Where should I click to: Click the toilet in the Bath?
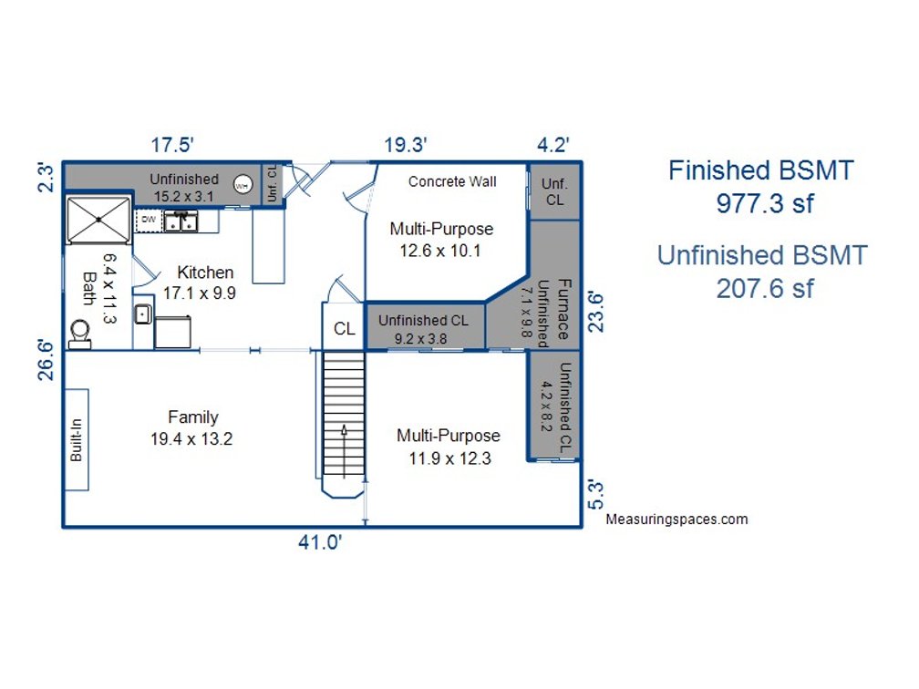pos(79,334)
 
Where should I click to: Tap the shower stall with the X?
pos(98,220)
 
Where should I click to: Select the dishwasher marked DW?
pos(149,221)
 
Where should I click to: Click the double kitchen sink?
pos(181,221)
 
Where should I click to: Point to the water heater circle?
pos(243,185)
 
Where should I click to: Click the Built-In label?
pos(77,439)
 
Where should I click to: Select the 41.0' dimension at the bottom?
pos(320,542)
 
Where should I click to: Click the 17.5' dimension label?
pos(172,145)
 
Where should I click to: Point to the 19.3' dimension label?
pos(406,145)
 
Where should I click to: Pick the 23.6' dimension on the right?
pos(595,311)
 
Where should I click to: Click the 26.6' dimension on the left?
pos(46,359)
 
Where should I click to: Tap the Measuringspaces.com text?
pos(676,519)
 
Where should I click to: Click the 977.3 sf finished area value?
pos(765,204)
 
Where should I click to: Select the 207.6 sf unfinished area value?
pos(765,289)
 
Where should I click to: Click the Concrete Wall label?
pos(452,181)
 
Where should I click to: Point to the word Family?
pos(193,417)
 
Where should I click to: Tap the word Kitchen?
pos(205,273)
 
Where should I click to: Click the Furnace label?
pos(563,309)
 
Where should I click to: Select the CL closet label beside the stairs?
pos(345,329)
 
